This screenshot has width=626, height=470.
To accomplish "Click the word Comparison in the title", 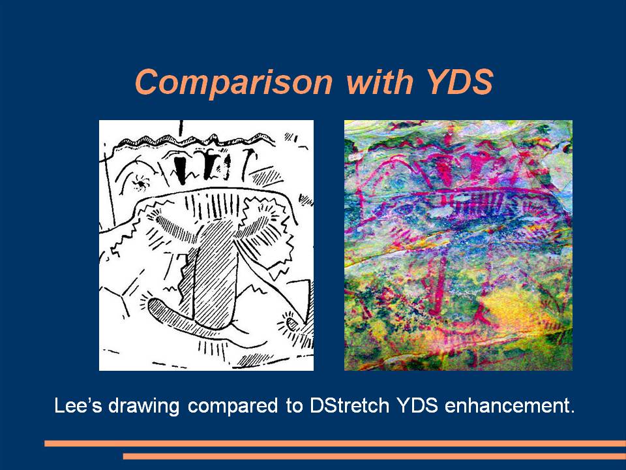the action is click(234, 82).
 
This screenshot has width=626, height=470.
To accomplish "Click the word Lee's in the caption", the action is click(78, 405).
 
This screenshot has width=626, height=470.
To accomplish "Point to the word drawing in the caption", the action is click(144, 407).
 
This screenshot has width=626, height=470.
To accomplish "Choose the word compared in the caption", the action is click(233, 407).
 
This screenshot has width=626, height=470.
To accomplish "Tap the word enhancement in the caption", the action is click(509, 405).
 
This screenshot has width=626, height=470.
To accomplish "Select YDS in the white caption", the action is click(417, 405).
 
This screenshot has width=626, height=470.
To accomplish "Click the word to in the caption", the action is click(293, 406).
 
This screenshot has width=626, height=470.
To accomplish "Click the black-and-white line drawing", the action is click(207, 245).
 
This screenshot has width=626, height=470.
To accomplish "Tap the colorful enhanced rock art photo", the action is click(458, 245).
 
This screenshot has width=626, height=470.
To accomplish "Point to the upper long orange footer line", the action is click(335, 444).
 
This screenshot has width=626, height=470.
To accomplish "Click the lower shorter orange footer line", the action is click(374, 456).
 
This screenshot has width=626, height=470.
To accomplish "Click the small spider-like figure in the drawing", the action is click(141, 182).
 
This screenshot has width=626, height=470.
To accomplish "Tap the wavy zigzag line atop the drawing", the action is click(196, 140).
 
